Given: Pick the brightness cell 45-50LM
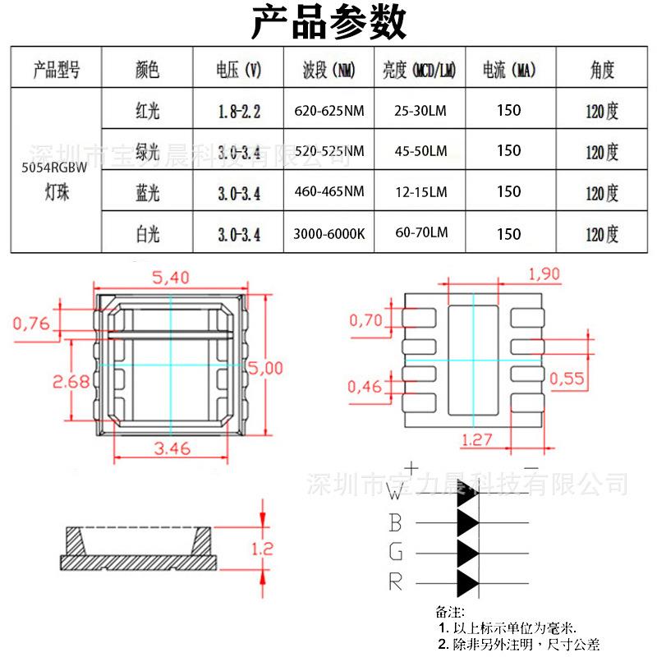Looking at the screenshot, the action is pyautogui.click(x=420, y=151).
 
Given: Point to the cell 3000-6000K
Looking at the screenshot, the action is pyautogui.click(x=328, y=234).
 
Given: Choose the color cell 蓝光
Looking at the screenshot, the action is pyautogui.click(x=147, y=193).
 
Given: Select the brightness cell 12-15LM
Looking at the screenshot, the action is pyautogui.click(x=420, y=192).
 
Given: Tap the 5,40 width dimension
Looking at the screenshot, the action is pyautogui.click(x=171, y=278).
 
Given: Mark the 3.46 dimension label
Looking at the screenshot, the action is pyautogui.click(x=172, y=448).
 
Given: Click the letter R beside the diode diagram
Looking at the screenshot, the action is pyautogui.click(x=396, y=582).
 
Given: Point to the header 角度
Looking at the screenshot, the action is pyautogui.click(x=601, y=70).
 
